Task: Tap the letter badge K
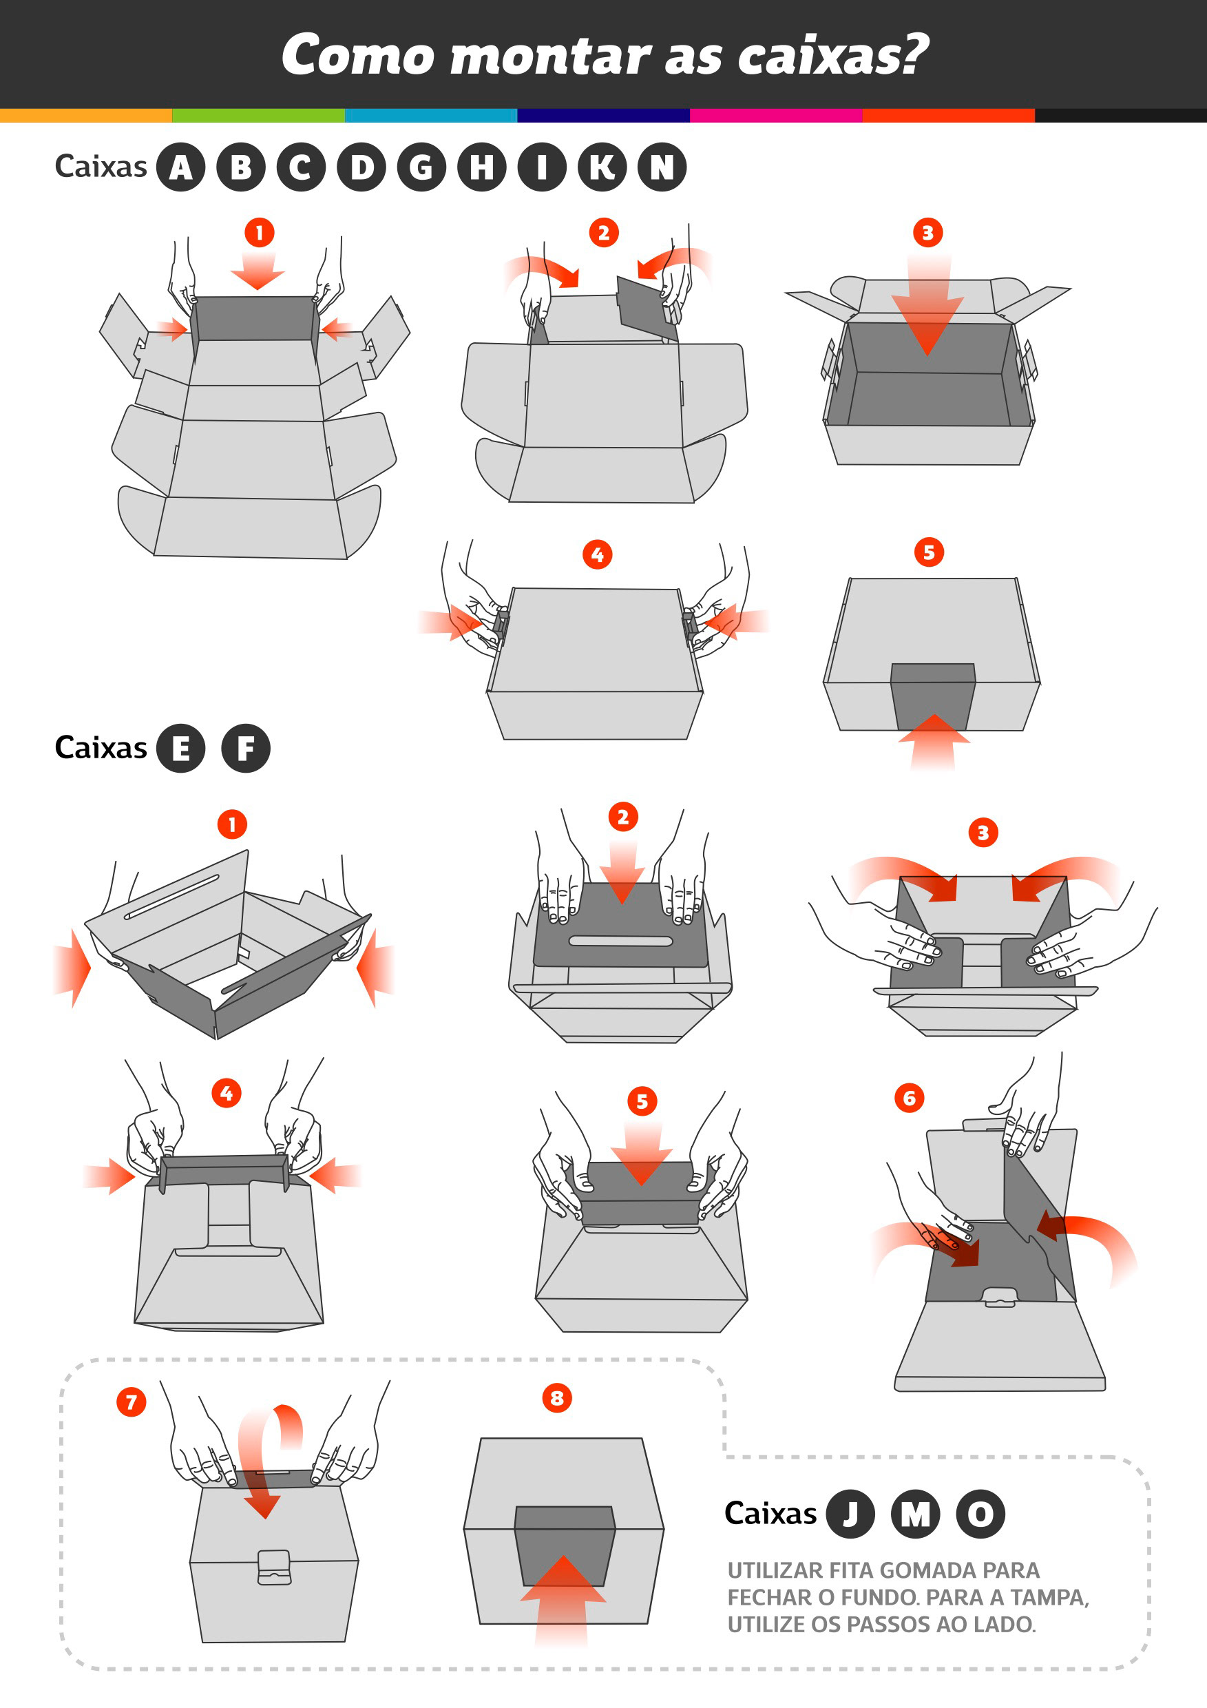[602, 167]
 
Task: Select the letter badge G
[421, 167]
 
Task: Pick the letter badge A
[180, 167]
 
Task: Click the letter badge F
[245, 749]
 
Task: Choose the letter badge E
[180, 749]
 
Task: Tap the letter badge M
[915, 1514]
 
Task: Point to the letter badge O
[980, 1514]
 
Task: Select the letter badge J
[850, 1514]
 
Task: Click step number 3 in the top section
[927, 233]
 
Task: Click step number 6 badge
[909, 1098]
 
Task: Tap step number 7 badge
[132, 1402]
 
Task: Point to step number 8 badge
[557, 1398]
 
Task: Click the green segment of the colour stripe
[258, 115]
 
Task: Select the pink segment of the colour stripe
[776, 115]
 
